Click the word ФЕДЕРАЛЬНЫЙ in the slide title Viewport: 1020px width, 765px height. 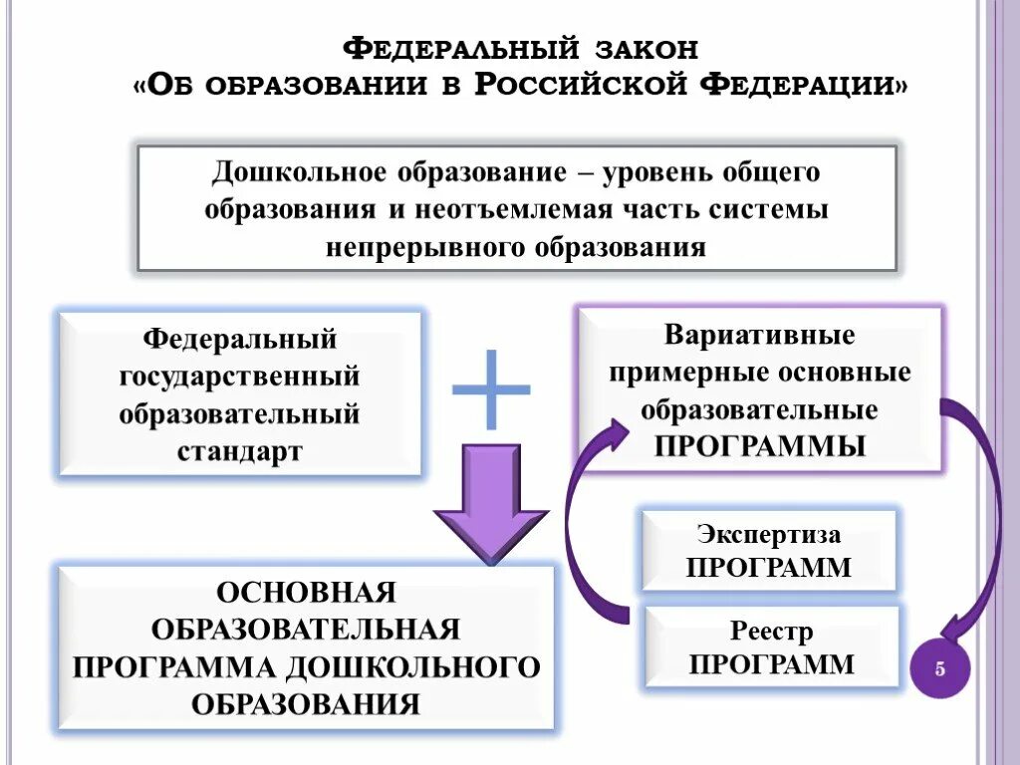coord(462,48)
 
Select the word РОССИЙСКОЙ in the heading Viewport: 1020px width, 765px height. coord(582,85)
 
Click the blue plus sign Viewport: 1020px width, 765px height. coord(491,388)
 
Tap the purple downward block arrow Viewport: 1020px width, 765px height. coord(490,503)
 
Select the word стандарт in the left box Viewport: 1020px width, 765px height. coord(240,450)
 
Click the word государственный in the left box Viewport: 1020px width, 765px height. coord(240,377)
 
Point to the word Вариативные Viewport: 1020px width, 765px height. coord(760,335)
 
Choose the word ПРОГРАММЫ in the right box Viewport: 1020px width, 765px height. coord(760,445)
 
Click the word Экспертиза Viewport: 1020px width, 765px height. coord(768,534)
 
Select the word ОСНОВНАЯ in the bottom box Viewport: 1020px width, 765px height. coord(307,593)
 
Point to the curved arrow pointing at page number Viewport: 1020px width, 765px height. coord(981,518)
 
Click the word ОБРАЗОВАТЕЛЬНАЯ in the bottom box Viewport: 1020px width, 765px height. coord(307,630)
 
